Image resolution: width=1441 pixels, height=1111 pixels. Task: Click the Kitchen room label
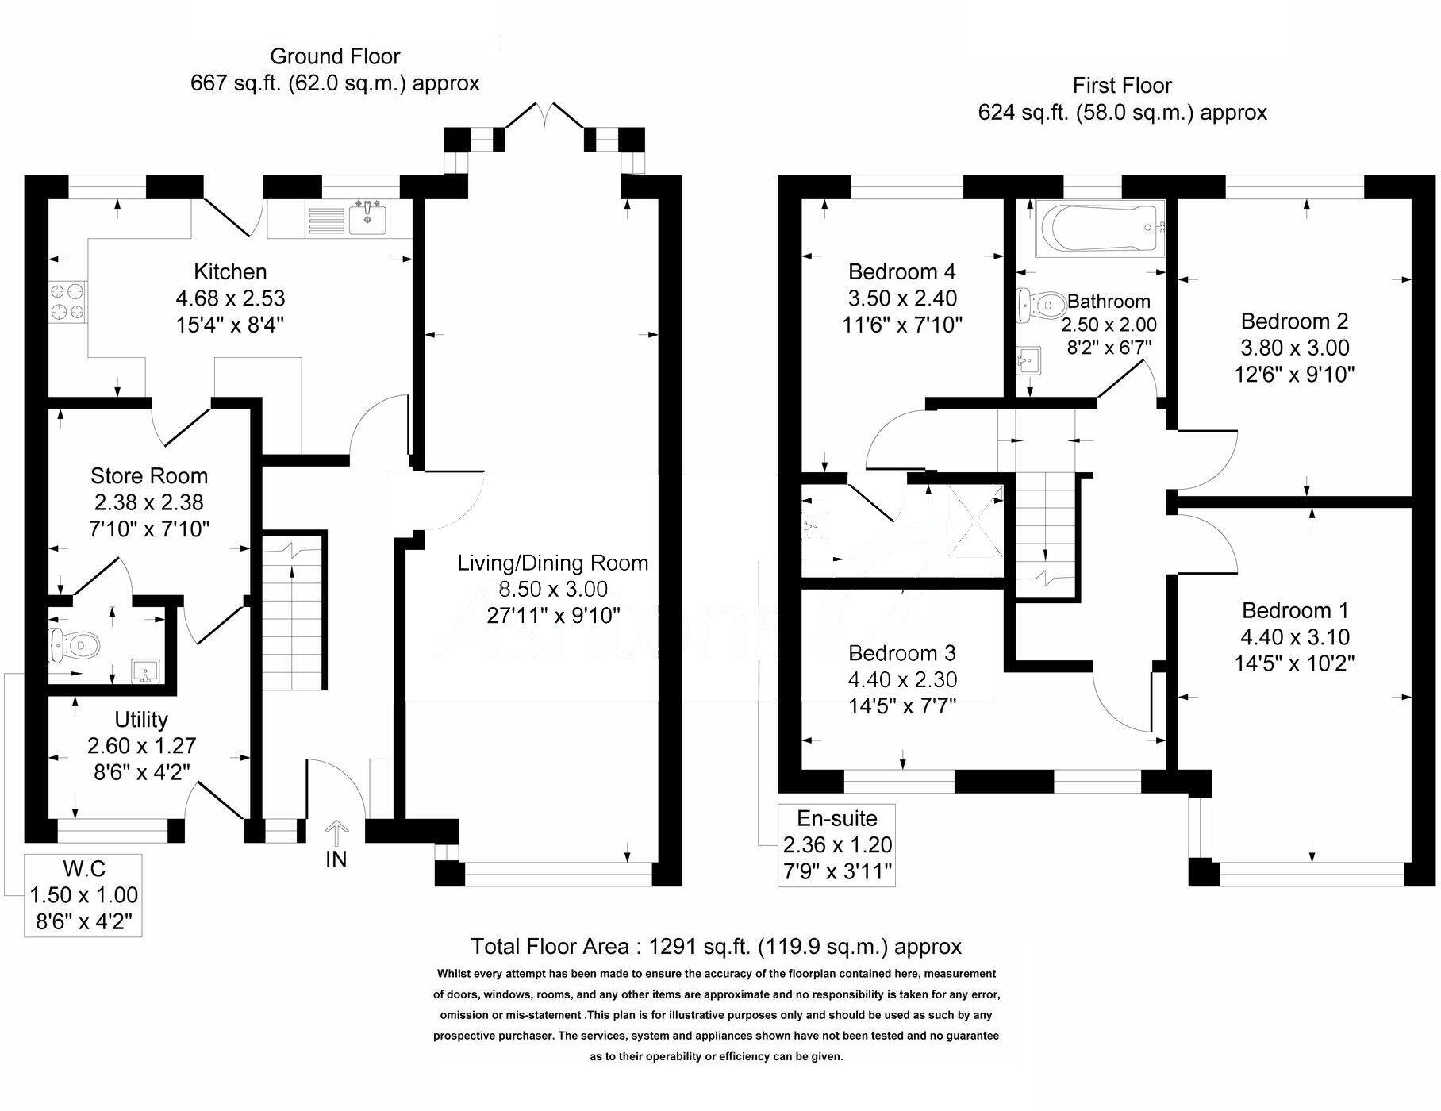[230, 272]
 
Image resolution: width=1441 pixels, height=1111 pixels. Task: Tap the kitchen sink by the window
[367, 217]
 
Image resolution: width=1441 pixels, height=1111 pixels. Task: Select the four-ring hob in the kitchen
[67, 302]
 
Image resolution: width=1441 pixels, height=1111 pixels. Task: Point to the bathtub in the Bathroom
[1098, 229]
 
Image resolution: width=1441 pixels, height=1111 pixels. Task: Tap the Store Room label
[149, 476]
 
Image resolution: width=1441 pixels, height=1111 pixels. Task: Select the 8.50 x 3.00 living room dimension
[552, 589]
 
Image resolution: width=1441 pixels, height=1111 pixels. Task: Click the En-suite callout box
[837, 844]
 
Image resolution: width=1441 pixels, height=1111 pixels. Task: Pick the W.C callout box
[83, 894]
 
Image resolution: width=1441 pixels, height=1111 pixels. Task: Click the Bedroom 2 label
[1294, 321]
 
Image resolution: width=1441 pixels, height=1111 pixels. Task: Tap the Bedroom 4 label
[902, 272]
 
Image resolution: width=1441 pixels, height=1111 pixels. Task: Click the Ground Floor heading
[335, 56]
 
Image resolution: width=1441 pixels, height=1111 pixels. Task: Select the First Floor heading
[1122, 86]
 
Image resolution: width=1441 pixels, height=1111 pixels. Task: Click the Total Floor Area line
[716, 946]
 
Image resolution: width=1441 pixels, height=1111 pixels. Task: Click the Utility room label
[141, 720]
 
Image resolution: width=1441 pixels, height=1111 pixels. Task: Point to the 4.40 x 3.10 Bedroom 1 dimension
[1295, 636]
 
